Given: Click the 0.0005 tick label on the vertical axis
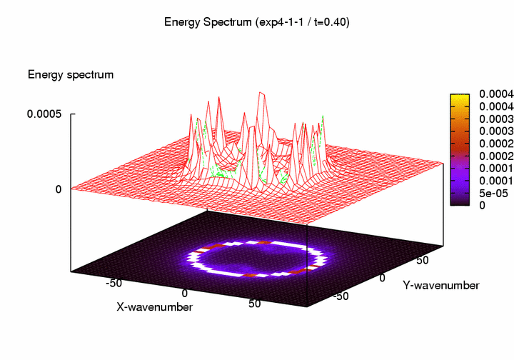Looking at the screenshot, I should pos(44,114).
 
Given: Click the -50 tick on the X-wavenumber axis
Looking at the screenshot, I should pos(113,283).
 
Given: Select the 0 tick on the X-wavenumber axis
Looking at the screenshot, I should pos(184,293).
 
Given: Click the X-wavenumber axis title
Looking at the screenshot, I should pos(154,306).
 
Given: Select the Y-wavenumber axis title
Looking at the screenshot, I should pos(440,286).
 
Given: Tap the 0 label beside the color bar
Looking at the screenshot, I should pos(482,205).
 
